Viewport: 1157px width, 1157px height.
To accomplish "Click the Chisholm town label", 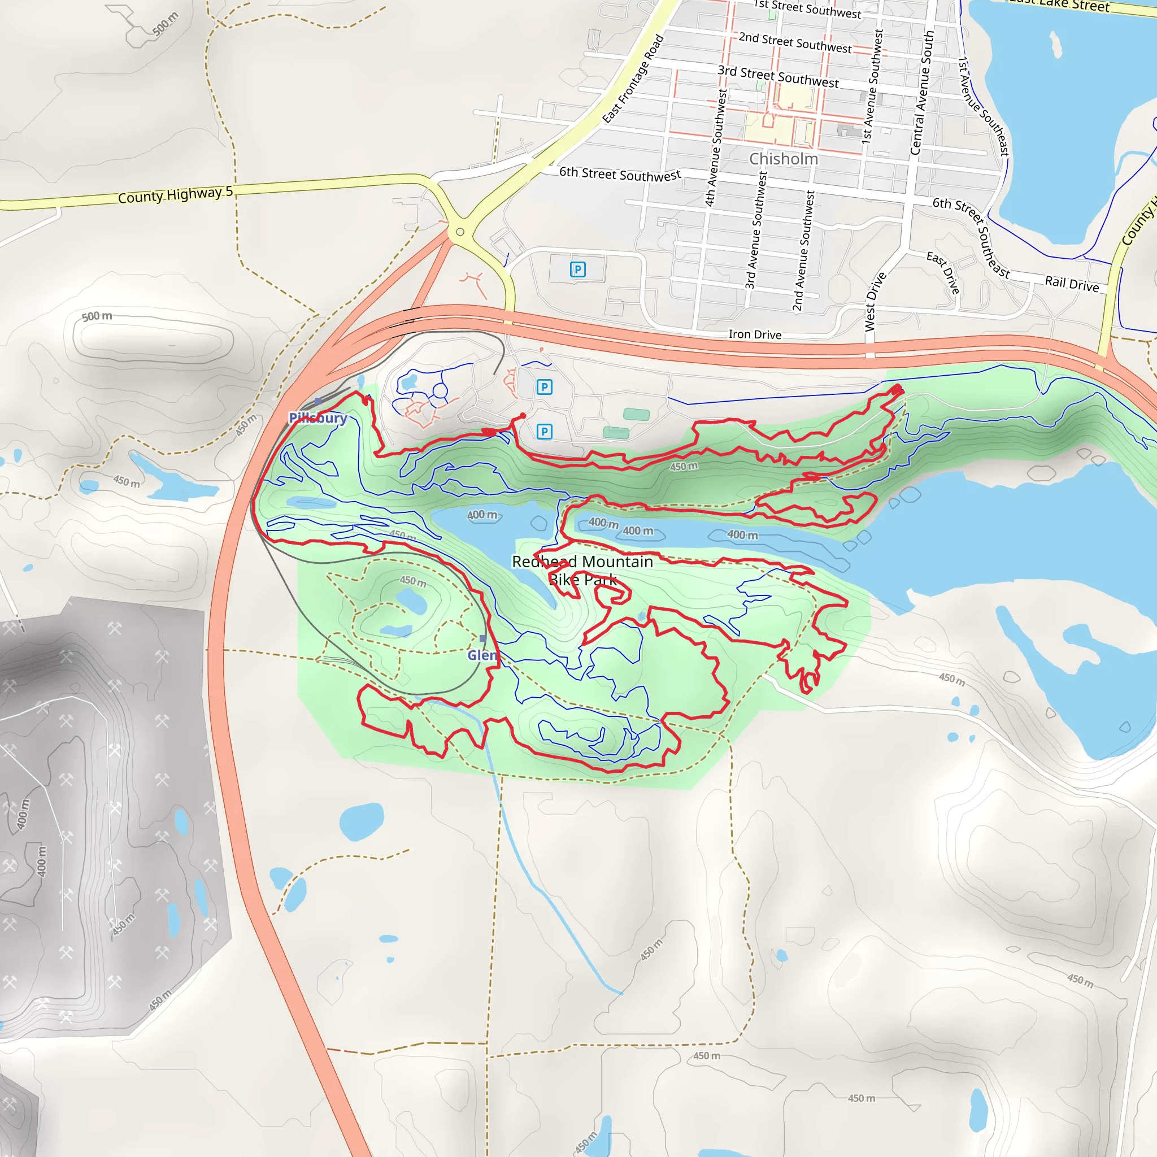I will click(x=784, y=159).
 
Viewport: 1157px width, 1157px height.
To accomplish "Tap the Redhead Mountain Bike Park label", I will click(x=582, y=570).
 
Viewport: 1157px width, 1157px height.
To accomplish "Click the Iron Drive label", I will click(x=755, y=334).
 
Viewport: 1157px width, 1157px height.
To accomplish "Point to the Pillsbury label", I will click(x=318, y=417).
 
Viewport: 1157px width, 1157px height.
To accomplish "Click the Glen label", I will click(x=482, y=655).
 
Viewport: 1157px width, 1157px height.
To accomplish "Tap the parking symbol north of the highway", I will click(x=577, y=269).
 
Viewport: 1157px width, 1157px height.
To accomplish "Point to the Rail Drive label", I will click(x=1072, y=284).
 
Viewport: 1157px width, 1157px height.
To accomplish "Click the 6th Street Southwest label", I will click(x=620, y=174).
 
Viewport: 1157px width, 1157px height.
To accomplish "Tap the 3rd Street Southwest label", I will click(x=778, y=77).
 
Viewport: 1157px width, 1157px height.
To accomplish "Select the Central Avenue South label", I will click(x=921, y=93).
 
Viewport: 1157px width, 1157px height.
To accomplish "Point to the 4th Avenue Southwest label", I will click(x=716, y=148).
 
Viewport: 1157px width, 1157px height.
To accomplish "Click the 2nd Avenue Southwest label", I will click(x=804, y=251).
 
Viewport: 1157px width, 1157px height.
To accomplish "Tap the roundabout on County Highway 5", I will click(x=460, y=232).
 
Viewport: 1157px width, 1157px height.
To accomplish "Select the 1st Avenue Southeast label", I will click(x=984, y=107).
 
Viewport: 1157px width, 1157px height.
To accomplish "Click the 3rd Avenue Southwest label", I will click(x=756, y=230).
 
